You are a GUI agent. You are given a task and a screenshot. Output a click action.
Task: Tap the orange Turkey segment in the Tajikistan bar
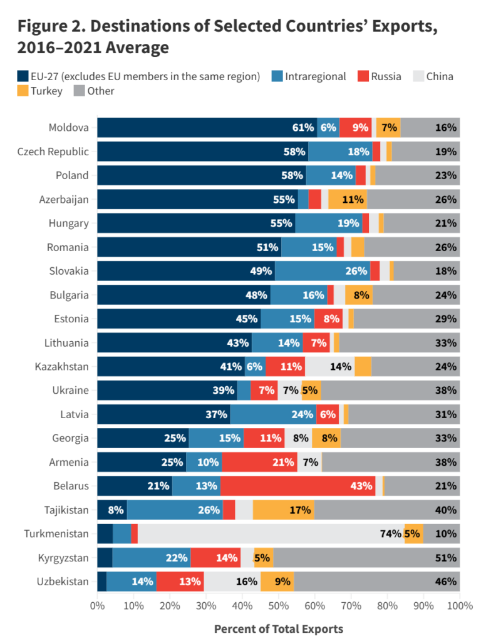[283, 510]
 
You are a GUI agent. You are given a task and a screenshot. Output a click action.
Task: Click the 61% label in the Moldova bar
[303, 128]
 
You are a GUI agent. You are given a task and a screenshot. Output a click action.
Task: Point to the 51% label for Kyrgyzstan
[446, 558]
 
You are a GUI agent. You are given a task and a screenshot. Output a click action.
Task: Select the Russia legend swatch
[363, 76]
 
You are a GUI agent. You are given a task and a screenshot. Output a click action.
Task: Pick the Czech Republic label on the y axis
[53, 151]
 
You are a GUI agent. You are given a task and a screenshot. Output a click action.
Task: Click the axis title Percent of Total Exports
[279, 628]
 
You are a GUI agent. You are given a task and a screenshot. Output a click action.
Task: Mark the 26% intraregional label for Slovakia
[356, 271]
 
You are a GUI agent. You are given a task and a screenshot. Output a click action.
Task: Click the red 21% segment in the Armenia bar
[259, 462]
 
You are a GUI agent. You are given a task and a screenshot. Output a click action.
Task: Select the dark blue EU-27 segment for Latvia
[163, 414]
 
